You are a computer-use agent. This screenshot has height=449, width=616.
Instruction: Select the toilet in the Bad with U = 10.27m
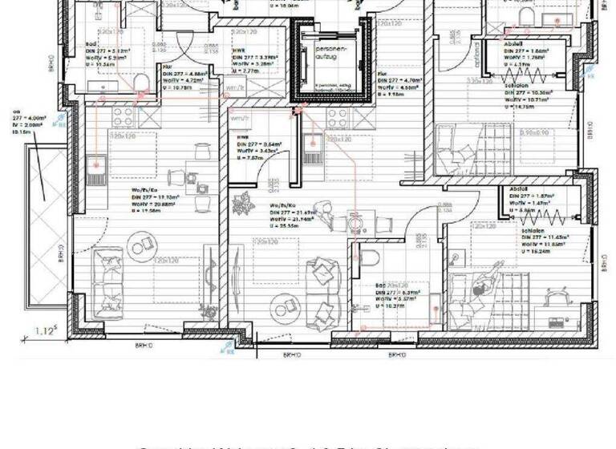[x=369, y=258]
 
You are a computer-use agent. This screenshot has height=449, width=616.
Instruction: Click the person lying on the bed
[x=484, y=285]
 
